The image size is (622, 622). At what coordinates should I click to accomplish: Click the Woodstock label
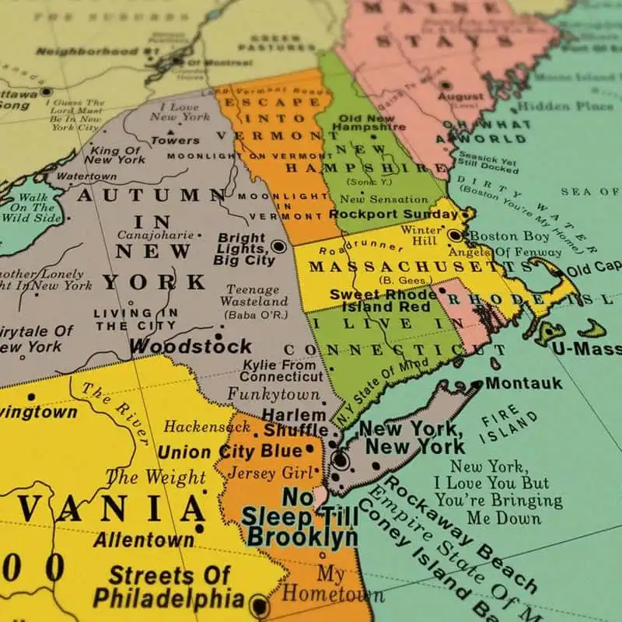(x=190, y=346)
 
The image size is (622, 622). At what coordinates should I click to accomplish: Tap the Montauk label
(x=512, y=383)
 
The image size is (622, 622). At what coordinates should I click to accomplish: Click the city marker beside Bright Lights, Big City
(x=278, y=246)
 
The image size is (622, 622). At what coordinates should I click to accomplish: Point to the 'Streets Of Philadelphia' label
(x=169, y=587)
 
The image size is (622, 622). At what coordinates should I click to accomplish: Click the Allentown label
(x=144, y=539)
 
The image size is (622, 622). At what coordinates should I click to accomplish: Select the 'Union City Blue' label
(x=229, y=452)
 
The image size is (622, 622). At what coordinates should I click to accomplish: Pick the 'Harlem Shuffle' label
(x=295, y=422)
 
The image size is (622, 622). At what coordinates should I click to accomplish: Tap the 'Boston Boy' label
(x=510, y=236)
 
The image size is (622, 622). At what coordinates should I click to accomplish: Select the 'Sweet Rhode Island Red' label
(x=383, y=301)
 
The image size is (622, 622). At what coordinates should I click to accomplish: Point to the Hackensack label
(x=197, y=427)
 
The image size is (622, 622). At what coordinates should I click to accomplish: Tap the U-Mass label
(x=586, y=348)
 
